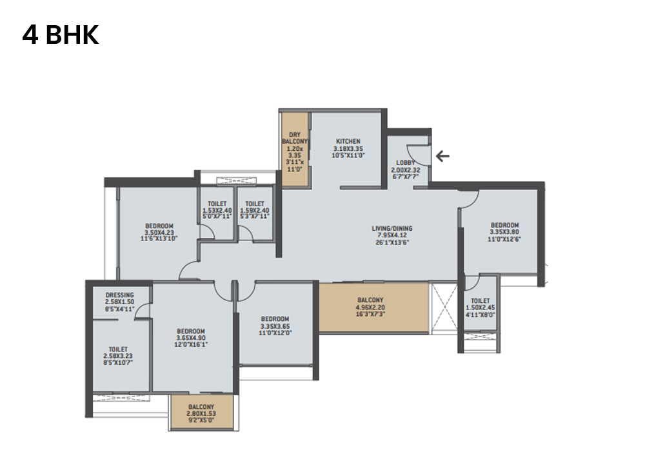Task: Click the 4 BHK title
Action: (x=61, y=35)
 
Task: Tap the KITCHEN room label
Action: (x=348, y=141)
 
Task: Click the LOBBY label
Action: (x=406, y=163)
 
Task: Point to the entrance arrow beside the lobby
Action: (x=442, y=155)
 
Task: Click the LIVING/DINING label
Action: (x=392, y=228)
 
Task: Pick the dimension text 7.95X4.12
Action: (x=392, y=236)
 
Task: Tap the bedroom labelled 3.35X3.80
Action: (x=504, y=225)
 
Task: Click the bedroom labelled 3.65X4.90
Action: (x=190, y=331)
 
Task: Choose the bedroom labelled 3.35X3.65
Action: (x=275, y=318)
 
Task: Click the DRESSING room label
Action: (x=119, y=295)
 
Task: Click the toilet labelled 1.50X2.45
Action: (x=480, y=300)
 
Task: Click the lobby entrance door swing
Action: (x=420, y=155)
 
